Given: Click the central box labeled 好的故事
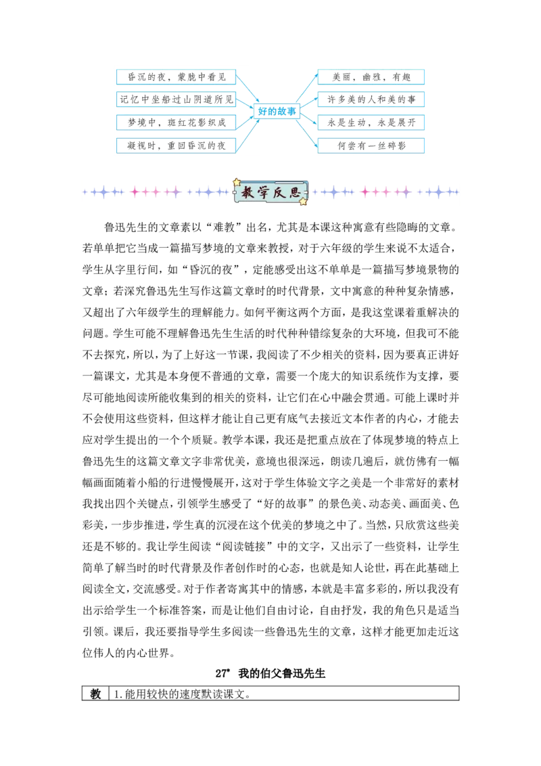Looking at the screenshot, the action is pos(277,112).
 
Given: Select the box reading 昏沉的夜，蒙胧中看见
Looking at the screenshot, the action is pos(177,76).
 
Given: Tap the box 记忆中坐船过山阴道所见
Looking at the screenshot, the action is pos(177,99).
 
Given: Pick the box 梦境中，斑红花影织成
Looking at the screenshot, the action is pos(177,122).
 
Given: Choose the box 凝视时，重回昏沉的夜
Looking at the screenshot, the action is pos(177,145).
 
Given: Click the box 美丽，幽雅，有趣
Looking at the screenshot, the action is pos(371,76).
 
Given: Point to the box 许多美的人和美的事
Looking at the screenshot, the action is pos(371,99).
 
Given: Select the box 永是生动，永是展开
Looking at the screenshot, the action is pos(371,122).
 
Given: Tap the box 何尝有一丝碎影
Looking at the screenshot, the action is pos(371,145).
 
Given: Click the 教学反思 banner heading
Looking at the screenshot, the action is pos(270,192).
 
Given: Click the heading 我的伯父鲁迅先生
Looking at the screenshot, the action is pos(282,673).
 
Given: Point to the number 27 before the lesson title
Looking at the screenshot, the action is pos(220,673).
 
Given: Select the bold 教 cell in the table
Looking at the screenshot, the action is pos(95,694).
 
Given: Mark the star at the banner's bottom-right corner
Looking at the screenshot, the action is pos(303,201).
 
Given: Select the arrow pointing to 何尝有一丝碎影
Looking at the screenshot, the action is pos(308,130).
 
